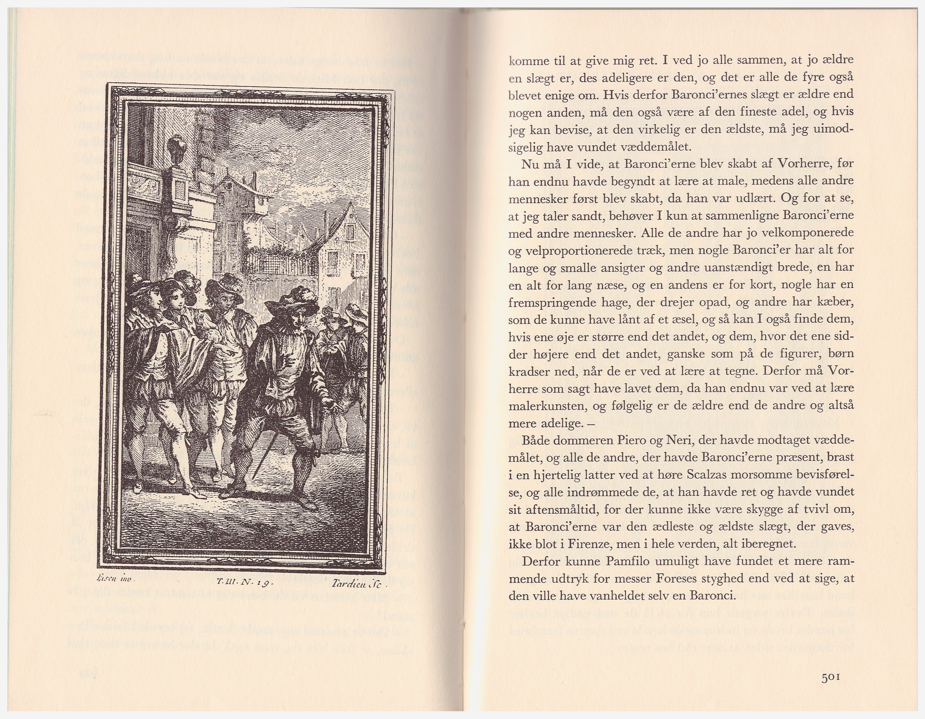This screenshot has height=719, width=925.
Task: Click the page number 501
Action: [x=830, y=677]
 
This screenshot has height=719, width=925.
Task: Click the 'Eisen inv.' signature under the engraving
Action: [x=116, y=577]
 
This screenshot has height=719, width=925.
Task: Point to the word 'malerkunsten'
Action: [x=546, y=406]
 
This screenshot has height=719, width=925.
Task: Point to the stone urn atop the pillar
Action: [x=176, y=150]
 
